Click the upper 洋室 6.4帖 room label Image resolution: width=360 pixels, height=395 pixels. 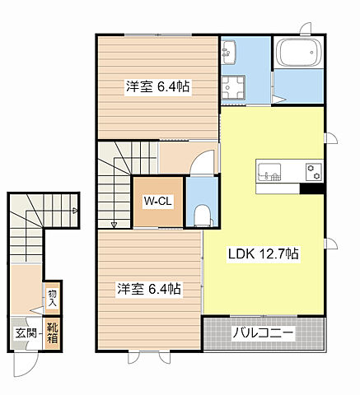tap(158, 86)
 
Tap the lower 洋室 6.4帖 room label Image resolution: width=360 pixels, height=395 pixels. tap(148, 289)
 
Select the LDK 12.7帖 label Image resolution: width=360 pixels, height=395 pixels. tap(263, 254)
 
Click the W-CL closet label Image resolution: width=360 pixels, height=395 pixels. tap(157, 202)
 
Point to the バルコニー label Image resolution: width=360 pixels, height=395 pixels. tap(264, 334)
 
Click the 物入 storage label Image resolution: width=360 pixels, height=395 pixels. tap(52, 298)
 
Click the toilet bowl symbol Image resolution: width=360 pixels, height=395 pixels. tap(200, 216)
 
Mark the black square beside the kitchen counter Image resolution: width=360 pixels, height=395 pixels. tap(311, 188)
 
